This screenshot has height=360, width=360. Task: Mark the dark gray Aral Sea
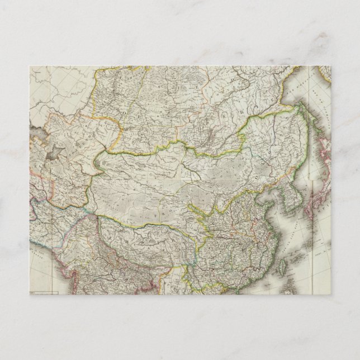point(55,152)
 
